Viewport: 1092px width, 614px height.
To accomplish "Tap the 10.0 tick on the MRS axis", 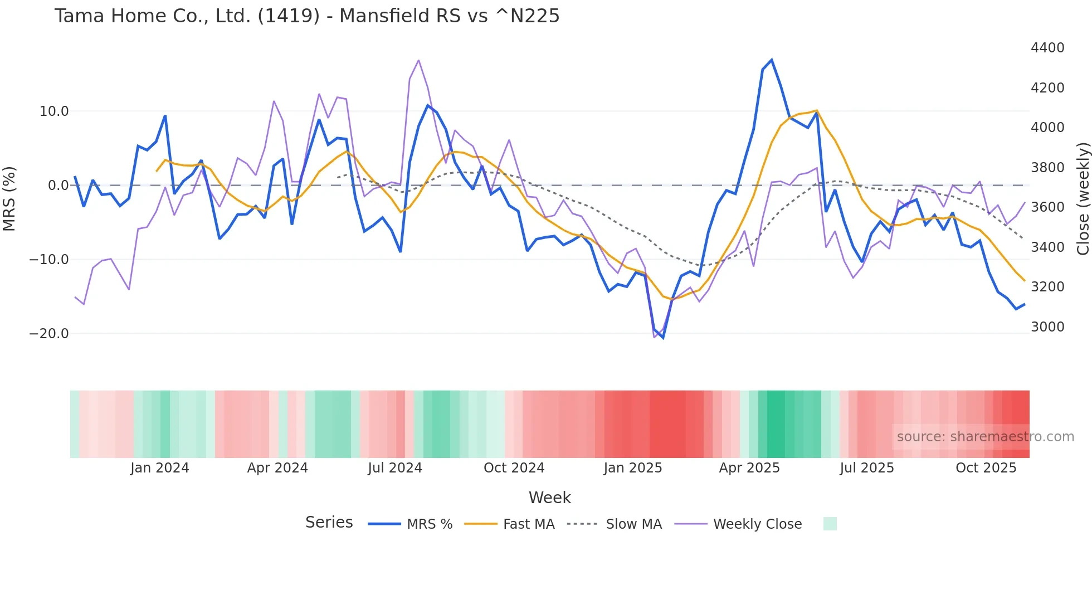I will point(54,111).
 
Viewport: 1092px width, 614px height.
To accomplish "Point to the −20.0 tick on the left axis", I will point(49,334).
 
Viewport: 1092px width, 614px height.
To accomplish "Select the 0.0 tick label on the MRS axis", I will point(58,186).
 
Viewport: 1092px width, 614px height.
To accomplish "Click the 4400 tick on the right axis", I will point(1047,48).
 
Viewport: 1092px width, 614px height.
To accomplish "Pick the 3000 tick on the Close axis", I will point(1047,327).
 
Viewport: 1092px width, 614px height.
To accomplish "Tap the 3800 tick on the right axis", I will point(1047,168).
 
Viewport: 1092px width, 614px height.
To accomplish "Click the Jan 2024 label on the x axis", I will point(160,468).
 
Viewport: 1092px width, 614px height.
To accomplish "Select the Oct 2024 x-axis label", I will point(514,468).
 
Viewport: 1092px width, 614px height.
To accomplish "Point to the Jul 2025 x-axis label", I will point(867,468).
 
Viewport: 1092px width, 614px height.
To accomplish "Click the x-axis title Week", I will point(549,498).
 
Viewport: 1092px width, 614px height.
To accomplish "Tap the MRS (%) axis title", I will point(9,198).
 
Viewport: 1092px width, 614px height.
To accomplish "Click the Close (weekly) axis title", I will point(1083,198).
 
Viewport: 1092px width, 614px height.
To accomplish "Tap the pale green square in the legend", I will point(830,524).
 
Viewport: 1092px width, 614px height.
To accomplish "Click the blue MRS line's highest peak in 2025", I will point(772,60).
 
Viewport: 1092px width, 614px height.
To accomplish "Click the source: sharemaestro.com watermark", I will point(985,437).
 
